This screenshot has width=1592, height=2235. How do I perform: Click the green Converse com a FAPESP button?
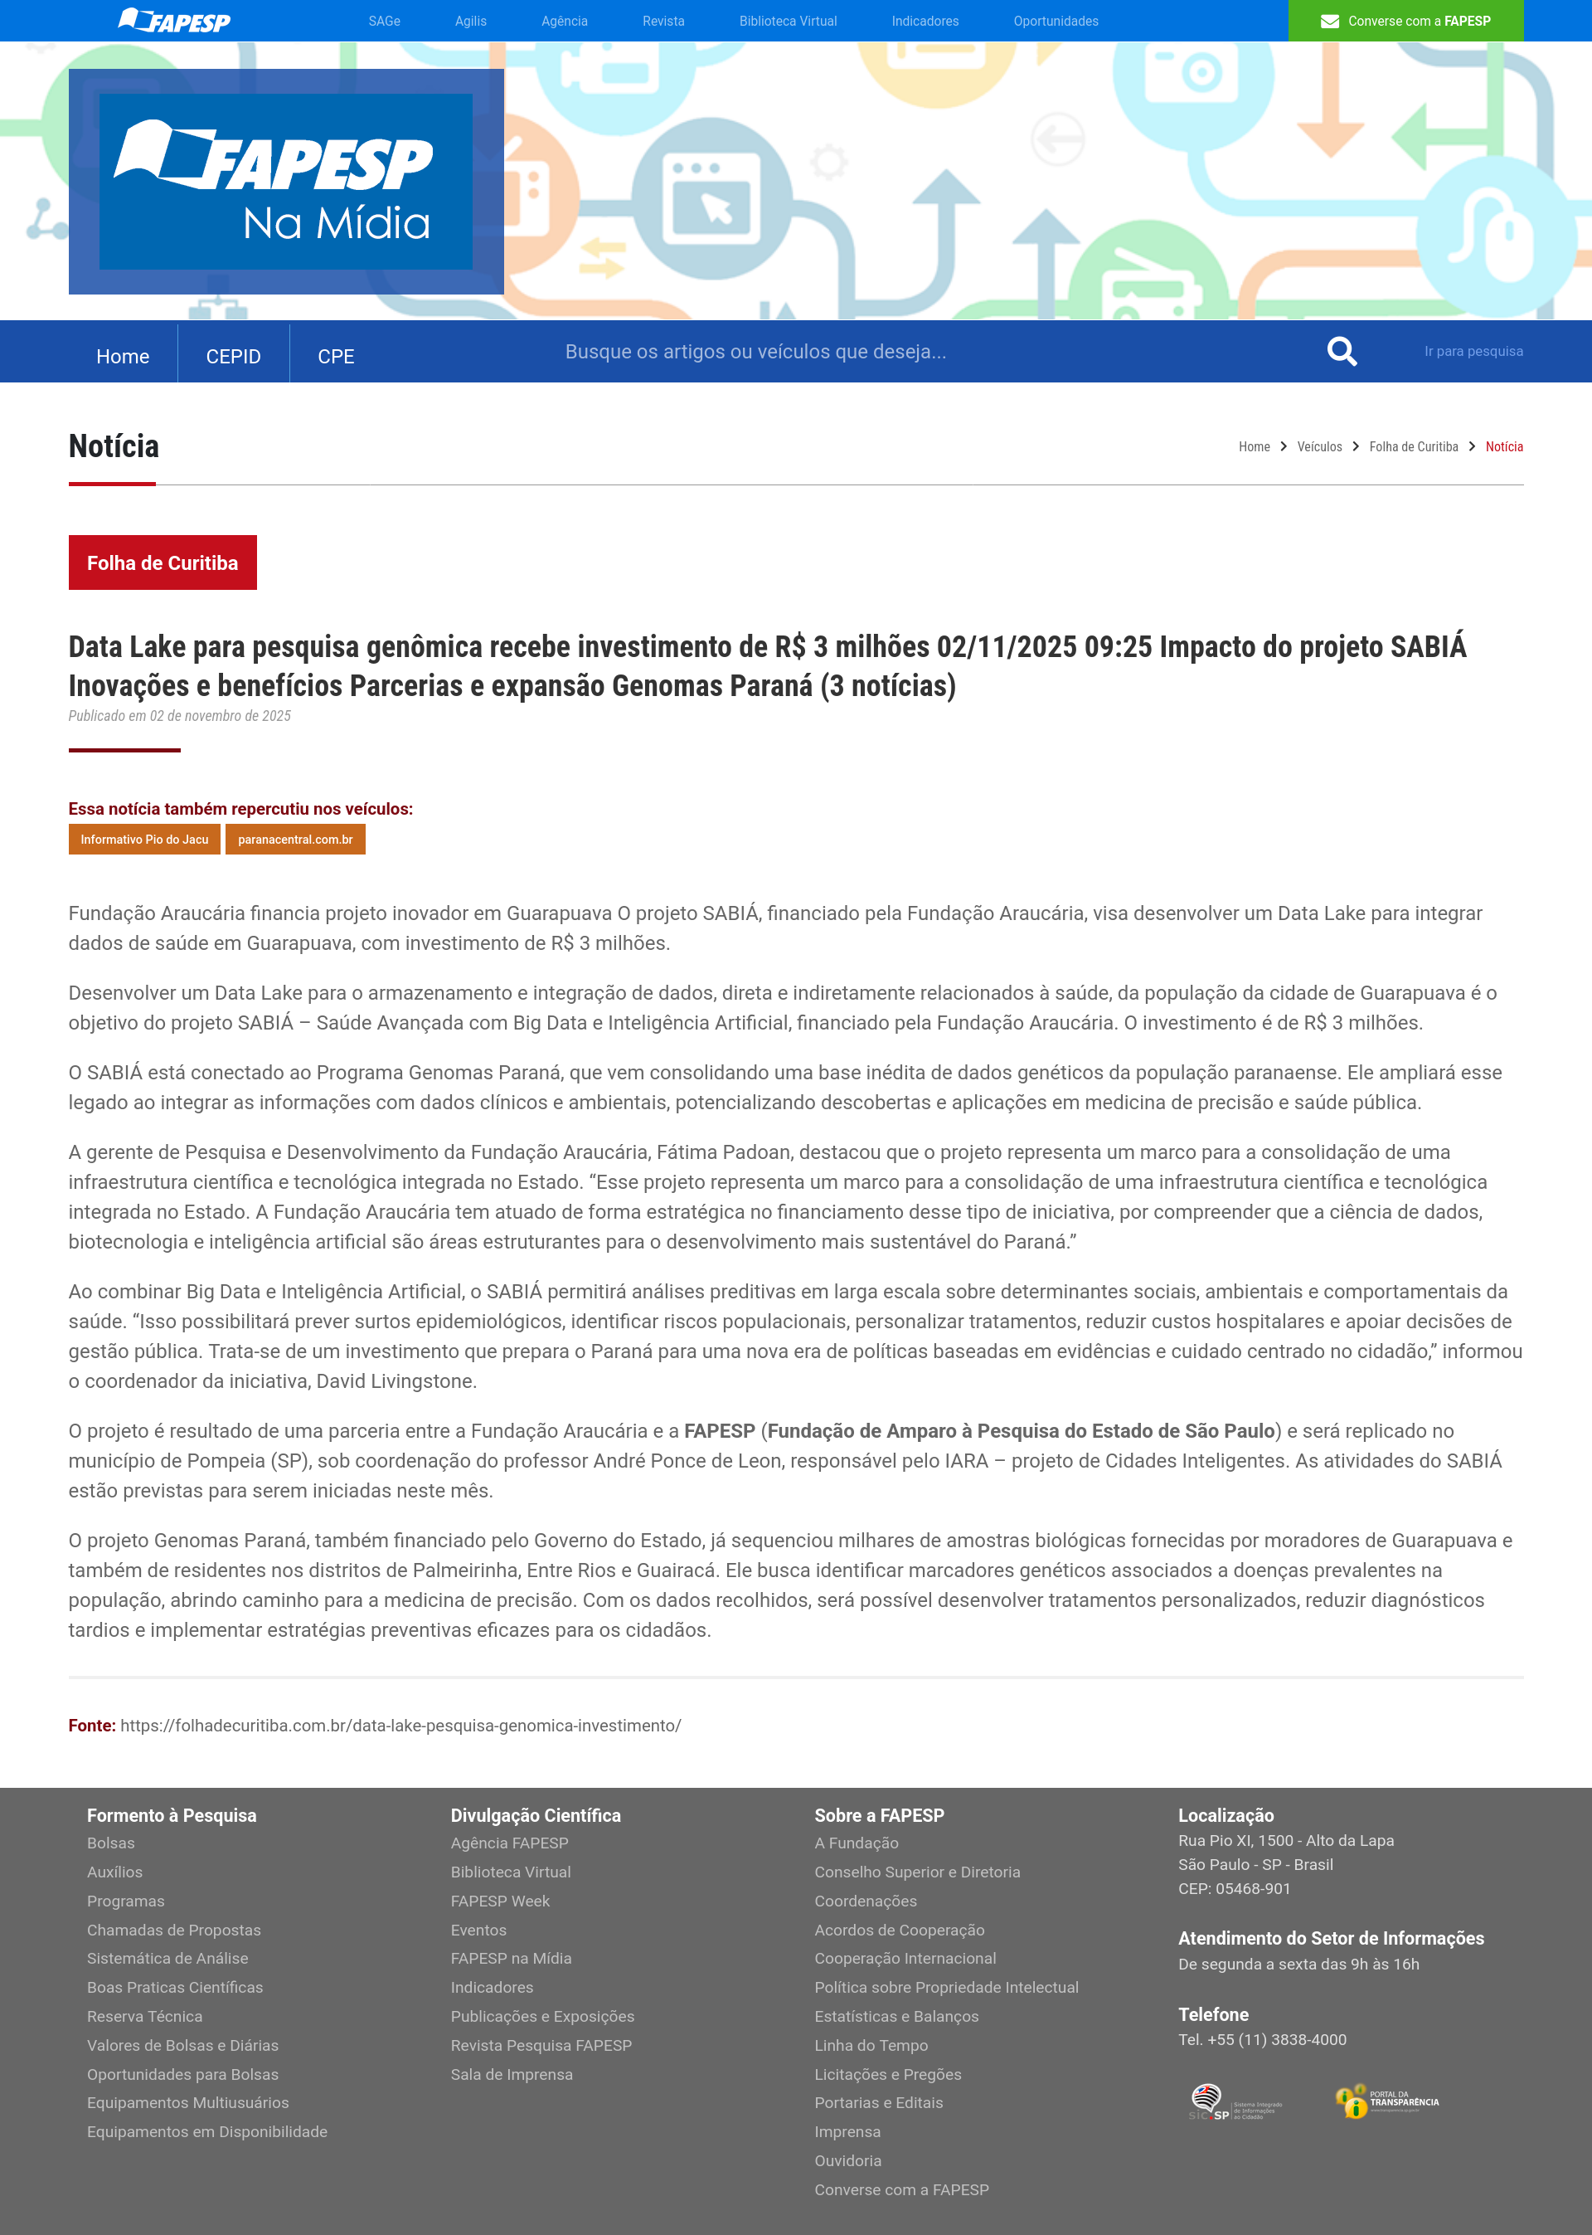coord(1405,21)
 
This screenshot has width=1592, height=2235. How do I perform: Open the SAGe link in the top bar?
coord(384,21)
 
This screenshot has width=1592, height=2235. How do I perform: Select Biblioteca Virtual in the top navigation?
coord(787,21)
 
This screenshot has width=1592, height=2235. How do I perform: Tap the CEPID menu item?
coord(233,356)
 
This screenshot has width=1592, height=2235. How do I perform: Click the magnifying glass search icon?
coord(1341,351)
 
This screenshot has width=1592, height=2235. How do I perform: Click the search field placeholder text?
coord(755,351)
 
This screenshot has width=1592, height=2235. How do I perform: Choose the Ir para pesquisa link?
coord(1473,351)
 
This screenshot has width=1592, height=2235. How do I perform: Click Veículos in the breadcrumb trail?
coord(1318,446)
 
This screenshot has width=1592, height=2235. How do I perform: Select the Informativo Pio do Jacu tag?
coord(144,840)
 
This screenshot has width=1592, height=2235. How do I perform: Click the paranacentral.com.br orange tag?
coord(295,840)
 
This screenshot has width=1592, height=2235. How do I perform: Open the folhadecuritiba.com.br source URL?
coord(400,1725)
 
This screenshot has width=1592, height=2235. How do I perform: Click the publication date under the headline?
coord(179,716)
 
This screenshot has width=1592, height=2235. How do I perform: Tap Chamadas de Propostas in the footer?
coord(173,1930)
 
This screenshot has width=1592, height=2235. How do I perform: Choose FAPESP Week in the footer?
coord(500,1901)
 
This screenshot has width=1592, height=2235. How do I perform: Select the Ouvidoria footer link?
coord(847,2160)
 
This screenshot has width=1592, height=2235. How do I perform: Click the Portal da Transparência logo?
coord(1386,2101)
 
